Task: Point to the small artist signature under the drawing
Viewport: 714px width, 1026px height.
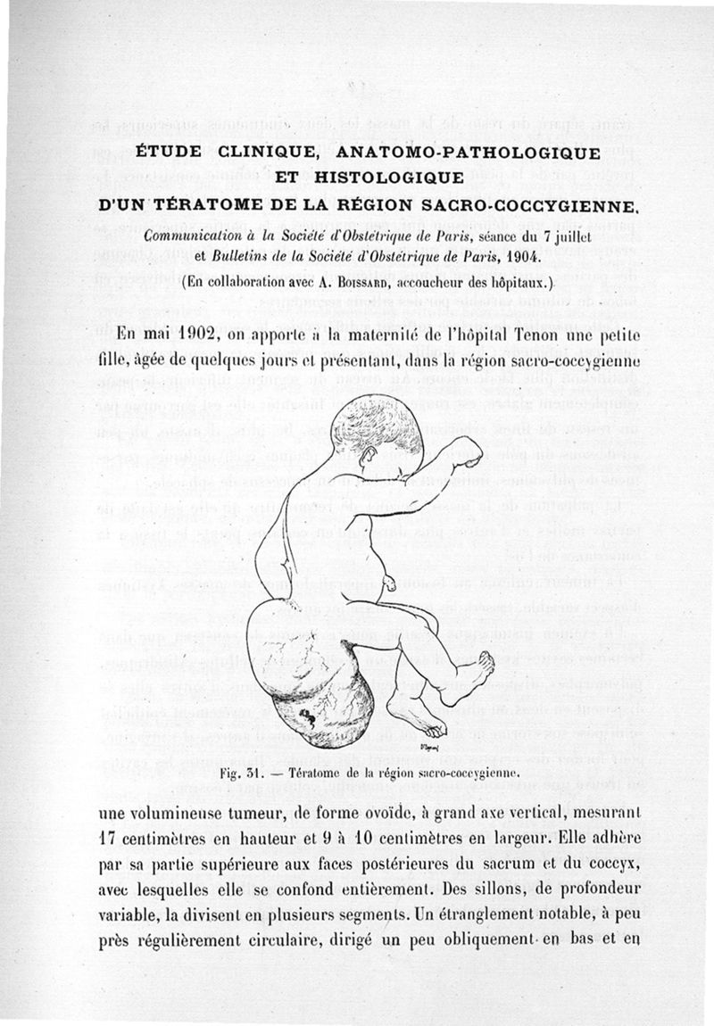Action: click(x=427, y=743)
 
